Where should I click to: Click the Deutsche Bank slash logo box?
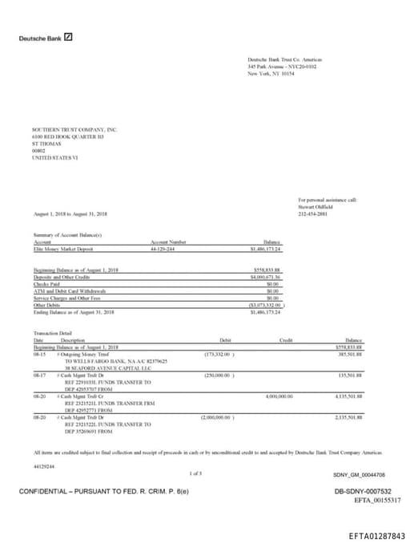pyautogui.click(x=68, y=37)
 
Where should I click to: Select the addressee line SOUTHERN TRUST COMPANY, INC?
pyautogui.click(x=74, y=129)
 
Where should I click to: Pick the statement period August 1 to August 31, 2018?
pyautogui.click(x=71, y=214)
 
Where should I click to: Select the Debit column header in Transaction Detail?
pyautogui.click(x=224, y=340)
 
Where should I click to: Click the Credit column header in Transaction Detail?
pyautogui.click(x=286, y=340)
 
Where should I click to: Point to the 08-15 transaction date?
pyautogui.click(x=38, y=353)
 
